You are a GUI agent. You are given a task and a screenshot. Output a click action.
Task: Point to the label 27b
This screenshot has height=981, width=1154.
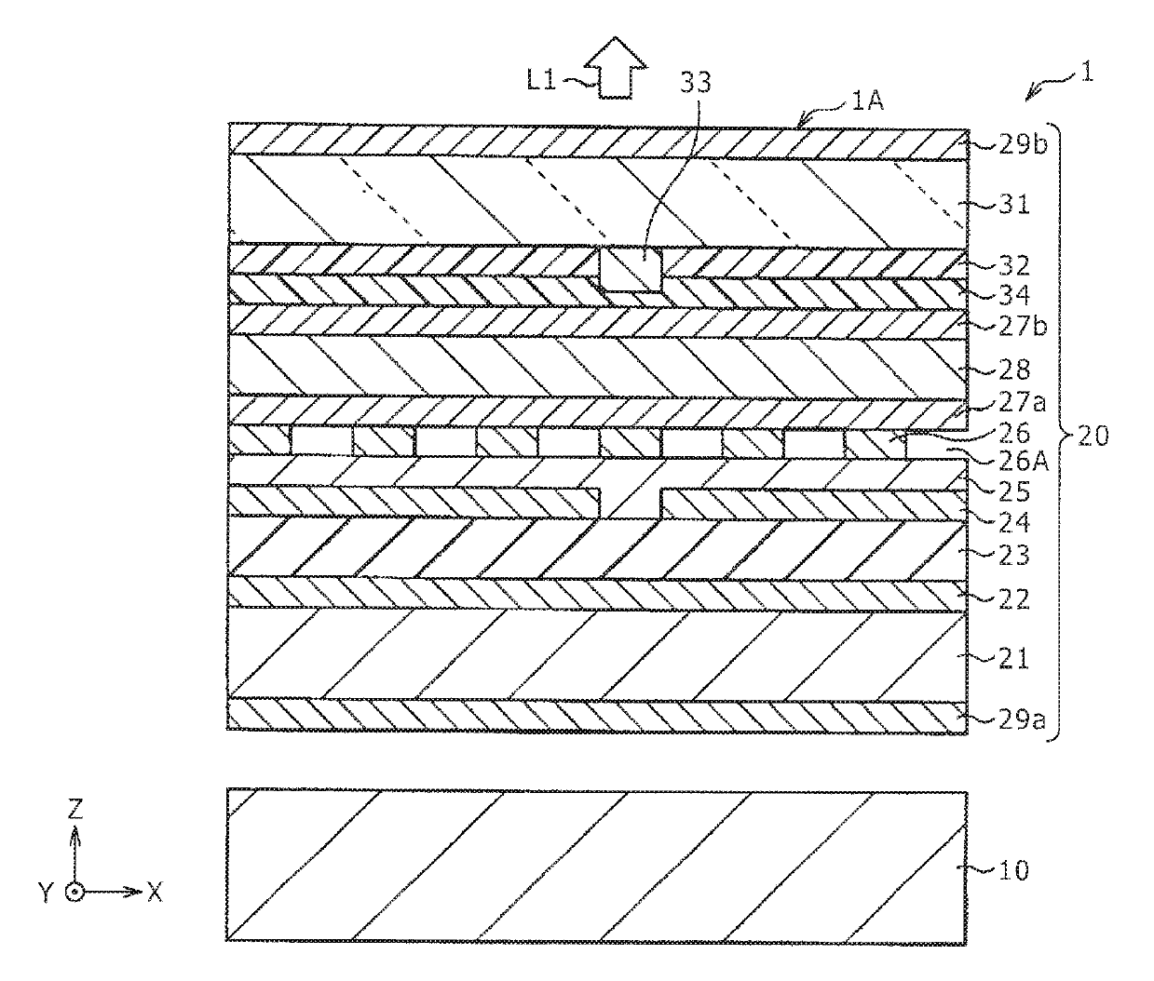pos(1010,327)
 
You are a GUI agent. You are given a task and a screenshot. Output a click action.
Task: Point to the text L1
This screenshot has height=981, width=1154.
pos(542,81)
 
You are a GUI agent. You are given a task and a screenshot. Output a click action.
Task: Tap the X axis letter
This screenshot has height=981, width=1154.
pos(155,893)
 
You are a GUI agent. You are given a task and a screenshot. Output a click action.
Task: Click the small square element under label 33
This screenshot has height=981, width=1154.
pos(631,269)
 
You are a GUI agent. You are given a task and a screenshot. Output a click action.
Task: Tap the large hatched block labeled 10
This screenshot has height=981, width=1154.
pos(596,866)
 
